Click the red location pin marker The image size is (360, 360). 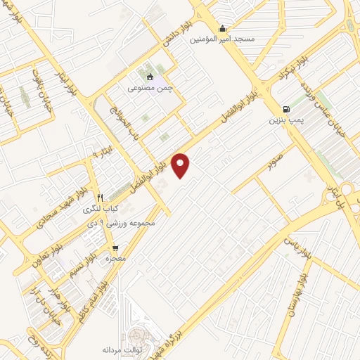coord(181,165)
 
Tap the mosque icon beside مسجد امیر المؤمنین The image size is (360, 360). coord(223,29)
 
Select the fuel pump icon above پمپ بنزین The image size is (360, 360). coord(285,109)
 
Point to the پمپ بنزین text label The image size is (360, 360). coord(285,120)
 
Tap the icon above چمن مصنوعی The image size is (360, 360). coord(149,77)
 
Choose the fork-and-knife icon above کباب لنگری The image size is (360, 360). coord(100,198)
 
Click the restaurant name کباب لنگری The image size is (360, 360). coord(101,209)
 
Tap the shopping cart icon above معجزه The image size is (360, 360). coord(115,247)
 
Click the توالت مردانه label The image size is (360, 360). coord(123,349)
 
